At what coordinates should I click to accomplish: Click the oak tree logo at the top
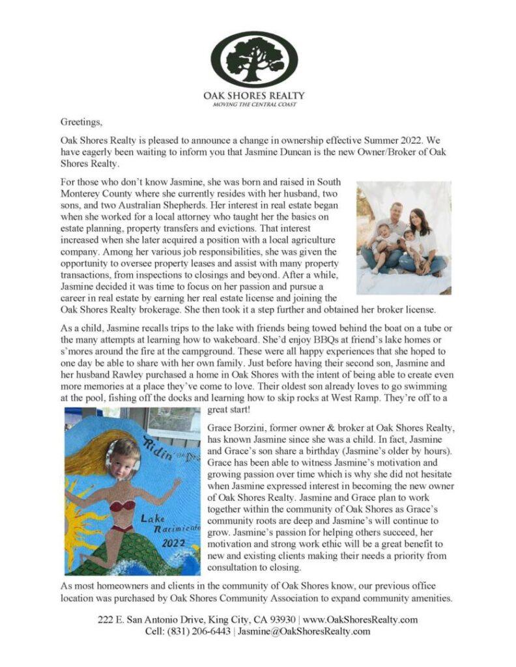pos(257,59)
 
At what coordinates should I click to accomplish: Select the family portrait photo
pos(404,238)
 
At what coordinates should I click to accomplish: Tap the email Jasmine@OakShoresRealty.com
pos(304,631)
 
